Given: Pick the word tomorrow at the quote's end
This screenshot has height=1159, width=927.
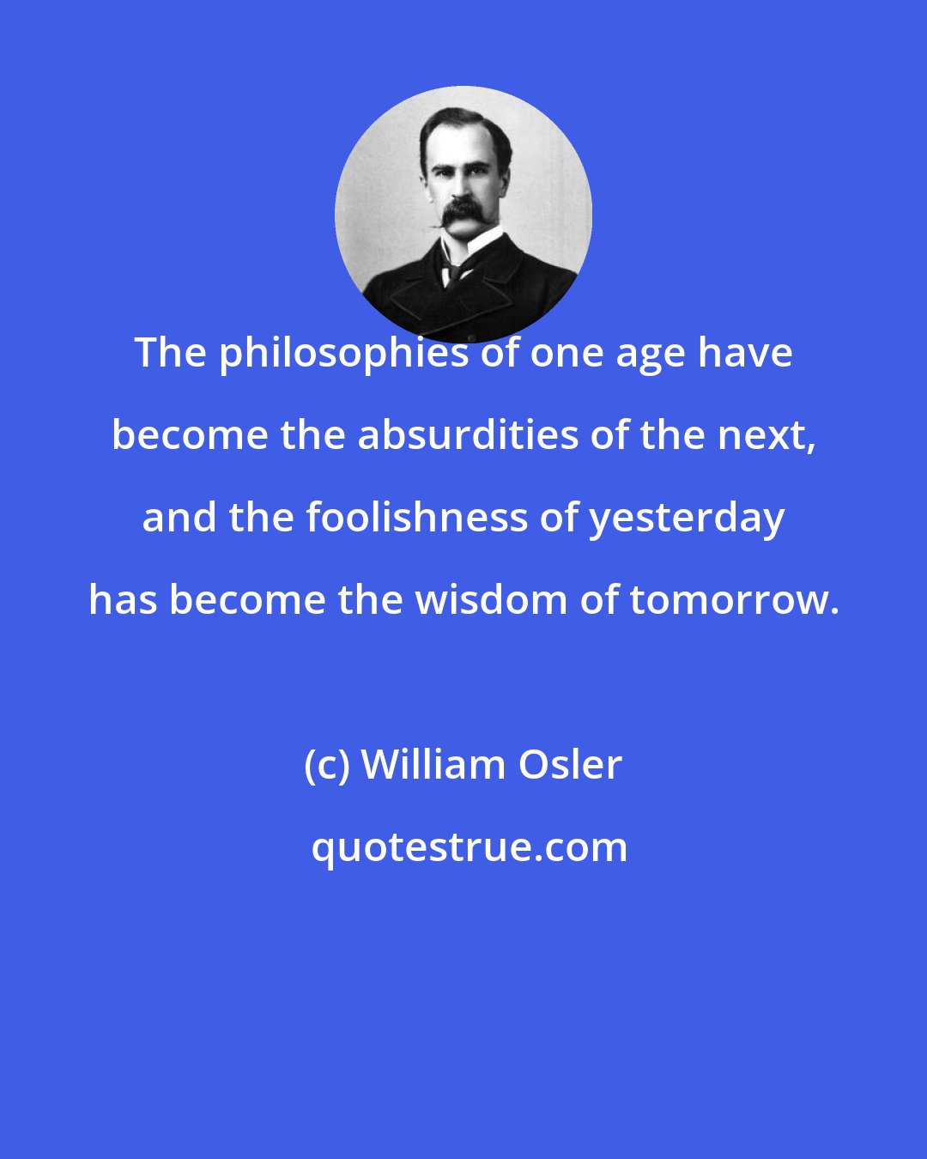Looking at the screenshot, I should pos(734,600).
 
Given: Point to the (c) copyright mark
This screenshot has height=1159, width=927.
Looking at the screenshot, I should pos(327,765).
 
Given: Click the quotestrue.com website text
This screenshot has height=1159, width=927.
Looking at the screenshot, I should pos(469,847).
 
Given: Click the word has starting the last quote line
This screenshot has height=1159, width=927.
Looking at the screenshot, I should pos(123,600).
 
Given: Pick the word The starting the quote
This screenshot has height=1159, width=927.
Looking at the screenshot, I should pos(170,354).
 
